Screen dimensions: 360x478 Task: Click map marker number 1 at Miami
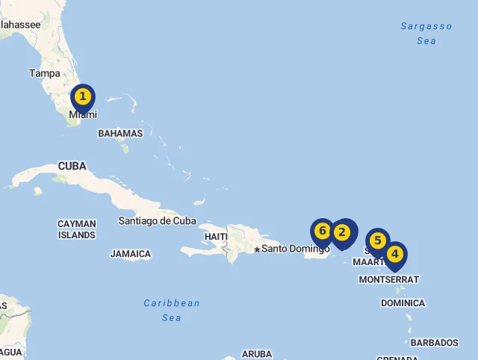coord(83,97)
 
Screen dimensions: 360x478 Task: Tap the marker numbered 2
coord(343,232)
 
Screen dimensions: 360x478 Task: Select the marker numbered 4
coord(394,255)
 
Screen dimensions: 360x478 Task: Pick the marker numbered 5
coord(378,240)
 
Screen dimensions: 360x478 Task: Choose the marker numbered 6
coord(323,232)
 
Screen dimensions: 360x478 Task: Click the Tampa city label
coord(45,73)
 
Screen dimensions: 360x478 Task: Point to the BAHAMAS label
coord(120,134)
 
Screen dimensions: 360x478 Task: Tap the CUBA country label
coord(72,166)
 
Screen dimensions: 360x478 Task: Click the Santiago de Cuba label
coord(157,221)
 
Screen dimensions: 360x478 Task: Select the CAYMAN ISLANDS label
coord(77,229)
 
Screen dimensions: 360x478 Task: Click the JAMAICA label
coord(131,254)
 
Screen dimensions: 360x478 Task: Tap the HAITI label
coord(215,237)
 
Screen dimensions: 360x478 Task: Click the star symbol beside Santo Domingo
coord(257,249)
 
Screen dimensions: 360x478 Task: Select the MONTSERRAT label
coord(388,279)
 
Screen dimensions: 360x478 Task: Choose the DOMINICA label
coord(403,303)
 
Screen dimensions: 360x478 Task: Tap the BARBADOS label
coord(434,343)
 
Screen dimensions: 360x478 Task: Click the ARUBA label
coord(257,354)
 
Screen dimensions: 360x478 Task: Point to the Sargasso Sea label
coord(426,34)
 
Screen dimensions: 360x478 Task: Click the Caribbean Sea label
coord(172,310)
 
